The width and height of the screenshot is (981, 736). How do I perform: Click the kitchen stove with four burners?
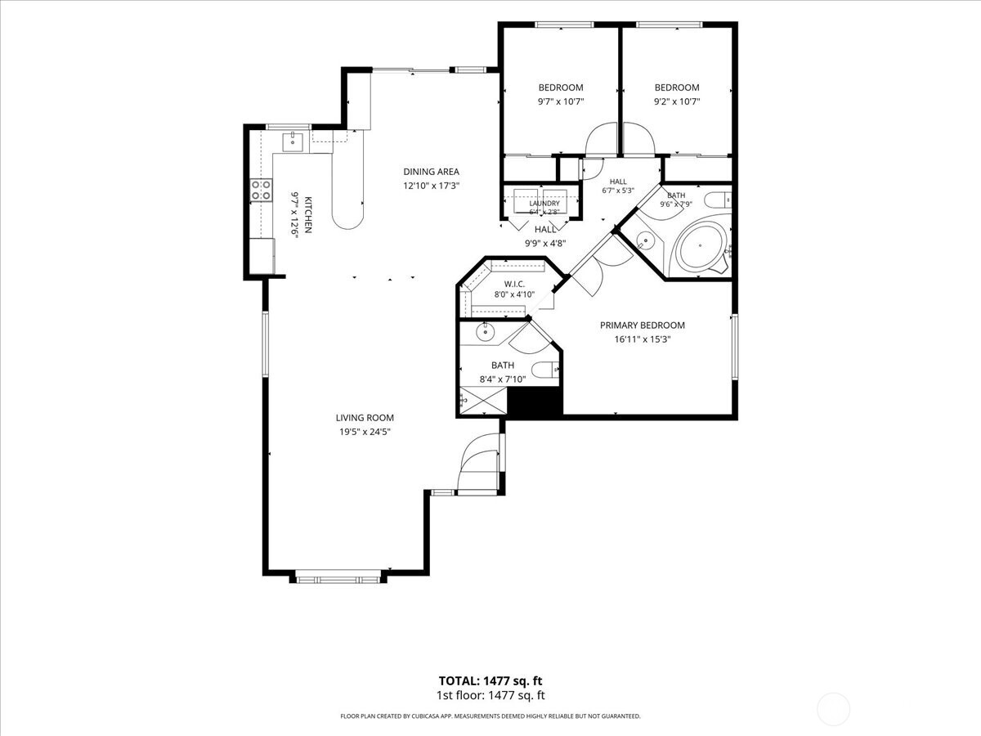tap(261, 190)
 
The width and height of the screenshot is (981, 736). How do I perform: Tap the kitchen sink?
tap(293, 142)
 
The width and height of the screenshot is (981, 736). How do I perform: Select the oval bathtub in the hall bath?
tap(700, 246)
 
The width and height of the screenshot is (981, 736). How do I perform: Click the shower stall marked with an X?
tap(483, 401)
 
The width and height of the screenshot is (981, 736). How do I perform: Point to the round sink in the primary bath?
tap(485, 332)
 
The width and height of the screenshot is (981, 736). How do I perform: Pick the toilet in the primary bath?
tap(545, 370)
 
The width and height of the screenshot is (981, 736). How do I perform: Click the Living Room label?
tap(365, 418)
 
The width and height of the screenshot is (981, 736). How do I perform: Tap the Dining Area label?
tap(432, 172)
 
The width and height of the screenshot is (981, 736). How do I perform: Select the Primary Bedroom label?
tap(643, 325)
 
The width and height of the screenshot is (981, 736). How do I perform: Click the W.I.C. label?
tap(514, 285)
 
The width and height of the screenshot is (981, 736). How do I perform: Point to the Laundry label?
tap(544, 204)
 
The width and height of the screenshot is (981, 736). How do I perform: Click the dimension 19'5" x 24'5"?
tap(365, 432)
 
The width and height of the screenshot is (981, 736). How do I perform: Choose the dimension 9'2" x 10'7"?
tap(677, 101)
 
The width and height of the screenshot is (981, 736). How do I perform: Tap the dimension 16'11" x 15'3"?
tap(643, 339)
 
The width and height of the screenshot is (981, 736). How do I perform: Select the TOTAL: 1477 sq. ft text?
tap(490, 681)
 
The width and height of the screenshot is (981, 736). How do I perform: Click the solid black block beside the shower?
tap(535, 402)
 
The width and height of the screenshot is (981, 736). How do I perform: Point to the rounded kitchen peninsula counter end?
tap(347, 219)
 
